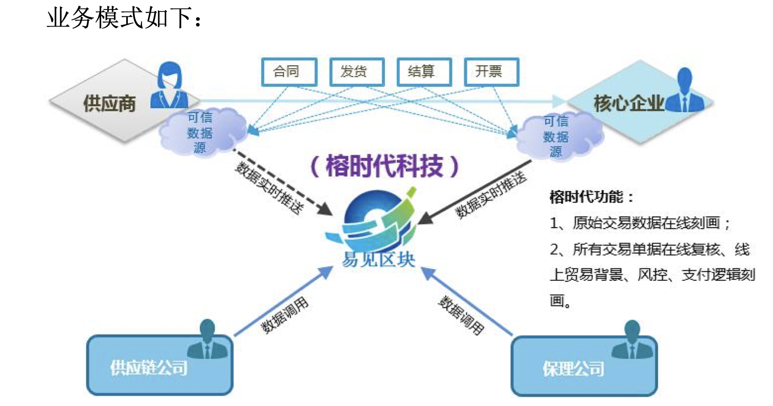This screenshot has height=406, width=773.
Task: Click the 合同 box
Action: [x=289, y=72]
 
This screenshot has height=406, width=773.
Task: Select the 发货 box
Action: [x=356, y=72]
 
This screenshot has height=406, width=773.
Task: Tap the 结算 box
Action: [x=424, y=72]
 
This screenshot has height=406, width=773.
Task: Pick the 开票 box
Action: [x=491, y=72]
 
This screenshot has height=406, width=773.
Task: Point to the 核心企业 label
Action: [x=628, y=103]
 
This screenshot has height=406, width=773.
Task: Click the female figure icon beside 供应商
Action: [x=169, y=86]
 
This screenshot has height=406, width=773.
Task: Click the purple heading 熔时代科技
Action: [x=384, y=166]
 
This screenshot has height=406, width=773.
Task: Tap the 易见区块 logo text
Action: [x=378, y=259]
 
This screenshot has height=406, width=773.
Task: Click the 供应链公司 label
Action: [x=148, y=368]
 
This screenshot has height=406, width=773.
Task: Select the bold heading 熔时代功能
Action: [x=591, y=197]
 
